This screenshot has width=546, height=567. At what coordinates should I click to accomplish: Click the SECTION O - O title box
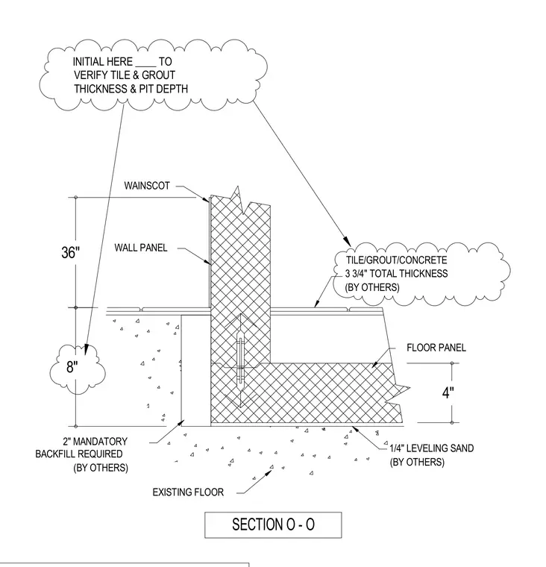coord(273,524)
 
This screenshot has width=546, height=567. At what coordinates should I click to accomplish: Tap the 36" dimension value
coord(70,252)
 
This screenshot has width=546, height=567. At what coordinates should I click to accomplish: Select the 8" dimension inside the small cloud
coord(72,367)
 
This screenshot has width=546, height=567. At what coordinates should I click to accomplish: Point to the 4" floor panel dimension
coord(448,392)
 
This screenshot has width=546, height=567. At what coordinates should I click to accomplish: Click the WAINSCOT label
coord(147,186)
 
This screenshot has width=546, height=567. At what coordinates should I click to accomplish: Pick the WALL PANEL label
coord(141,248)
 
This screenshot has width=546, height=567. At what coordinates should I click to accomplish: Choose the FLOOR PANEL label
coord(436,348)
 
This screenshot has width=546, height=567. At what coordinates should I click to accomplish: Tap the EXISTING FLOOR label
coord(188,492)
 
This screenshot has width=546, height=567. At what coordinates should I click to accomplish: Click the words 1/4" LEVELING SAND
coord(432,448)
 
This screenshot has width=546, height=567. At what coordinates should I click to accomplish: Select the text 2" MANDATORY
coord(95,442)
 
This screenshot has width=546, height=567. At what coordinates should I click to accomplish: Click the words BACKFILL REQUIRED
coord(79,454)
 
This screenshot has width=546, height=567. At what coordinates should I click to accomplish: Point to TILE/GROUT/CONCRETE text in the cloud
coord(397,260)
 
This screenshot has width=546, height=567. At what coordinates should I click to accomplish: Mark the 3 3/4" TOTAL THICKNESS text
coord(396,273)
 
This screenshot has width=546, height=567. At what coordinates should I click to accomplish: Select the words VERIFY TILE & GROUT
coord(125,75)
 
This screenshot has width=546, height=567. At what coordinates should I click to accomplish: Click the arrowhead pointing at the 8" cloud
coord(86,349)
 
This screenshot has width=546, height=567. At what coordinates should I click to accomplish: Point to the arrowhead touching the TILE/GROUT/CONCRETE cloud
coord(347,242)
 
